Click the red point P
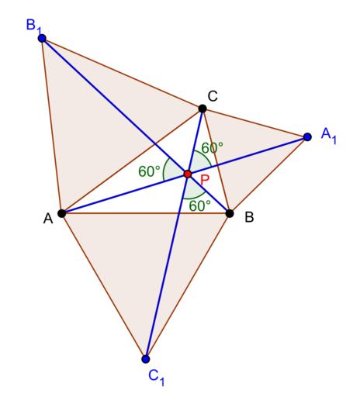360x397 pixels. pyautogui.click(x=188, y=174)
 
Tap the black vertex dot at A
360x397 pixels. pyautogui.click(x=62, y=213)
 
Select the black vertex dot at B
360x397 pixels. pyautogui.click(x=230, y=213)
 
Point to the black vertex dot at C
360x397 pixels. pyautogui.click(x=202, y=109)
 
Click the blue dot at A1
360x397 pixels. pyautogui.click(x=307, y=136)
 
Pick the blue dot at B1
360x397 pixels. pyautogui.click(x=42, y=39)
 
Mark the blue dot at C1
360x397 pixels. pyautogui.click(x=146, y=359)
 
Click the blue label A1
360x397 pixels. pyautogui.click(x=329, y=136)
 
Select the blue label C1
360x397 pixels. pyautogui.click(x=157, y=378)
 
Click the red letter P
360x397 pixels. pyautogui.click(x=205, y=180)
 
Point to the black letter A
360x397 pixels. pyautogui.click(x=48, y=219)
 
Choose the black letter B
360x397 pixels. pyautogui.click(x=249, y=217)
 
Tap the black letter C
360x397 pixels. pyautogui.click(x=213, y=96)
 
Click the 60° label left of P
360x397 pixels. pyautogui.click(x=149, y=171)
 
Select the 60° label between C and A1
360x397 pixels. pyautogui.click(x=212, y=148)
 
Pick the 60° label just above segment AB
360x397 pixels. pyautogui.click(x=199, y=205)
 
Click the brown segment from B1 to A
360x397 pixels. pyautogui.click(x=52, y=126)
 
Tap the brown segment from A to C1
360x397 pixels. pyautogui.click(x=104, y=286)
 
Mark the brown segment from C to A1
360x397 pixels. pyautogui.click(x=254, y=123)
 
